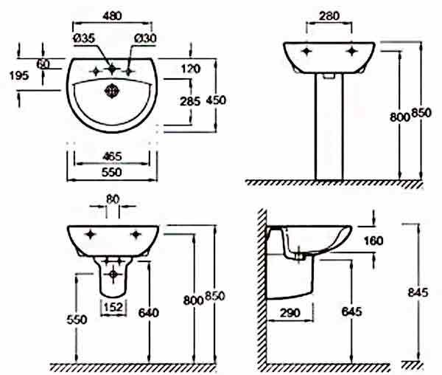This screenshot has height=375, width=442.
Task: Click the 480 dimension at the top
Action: (112, 16)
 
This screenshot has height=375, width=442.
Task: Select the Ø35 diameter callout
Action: (84, 38)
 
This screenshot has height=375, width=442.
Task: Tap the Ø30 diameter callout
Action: (145, 38)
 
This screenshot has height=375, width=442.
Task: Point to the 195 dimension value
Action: (19, 75)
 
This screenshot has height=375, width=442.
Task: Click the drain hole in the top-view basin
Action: (112, 91)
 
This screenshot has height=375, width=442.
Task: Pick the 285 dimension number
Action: (190, 101)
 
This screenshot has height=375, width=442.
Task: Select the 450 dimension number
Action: (216, 100)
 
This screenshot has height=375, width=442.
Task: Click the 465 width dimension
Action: (112, 156)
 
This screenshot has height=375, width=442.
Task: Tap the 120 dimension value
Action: (191, 69)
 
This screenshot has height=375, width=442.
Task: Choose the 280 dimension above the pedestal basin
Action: (329, 16)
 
